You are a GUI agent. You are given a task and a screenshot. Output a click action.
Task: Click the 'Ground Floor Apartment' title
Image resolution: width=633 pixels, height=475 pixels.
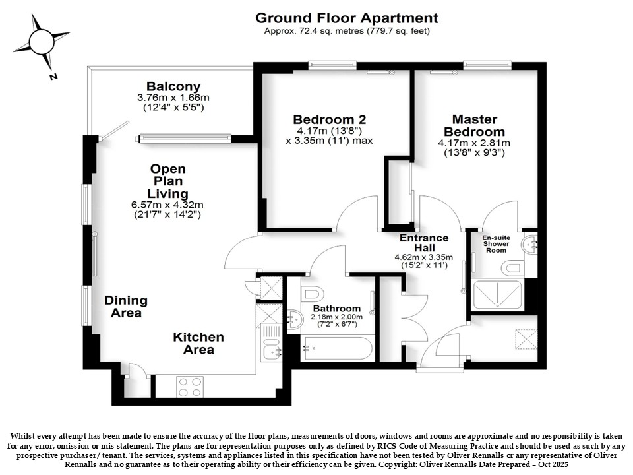347,18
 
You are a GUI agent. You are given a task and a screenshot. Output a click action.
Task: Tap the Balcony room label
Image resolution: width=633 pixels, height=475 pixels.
173,86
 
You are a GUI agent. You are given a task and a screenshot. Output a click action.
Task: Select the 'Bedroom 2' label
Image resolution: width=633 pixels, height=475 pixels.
330,119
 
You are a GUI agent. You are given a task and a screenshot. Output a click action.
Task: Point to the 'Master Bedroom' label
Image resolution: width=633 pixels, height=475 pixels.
474,125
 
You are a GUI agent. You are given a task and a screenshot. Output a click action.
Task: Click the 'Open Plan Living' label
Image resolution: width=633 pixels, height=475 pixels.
168,181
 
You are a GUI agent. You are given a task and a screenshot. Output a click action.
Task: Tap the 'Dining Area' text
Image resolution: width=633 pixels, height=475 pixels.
126,307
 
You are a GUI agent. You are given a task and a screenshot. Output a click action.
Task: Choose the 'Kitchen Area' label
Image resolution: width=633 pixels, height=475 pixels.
198,343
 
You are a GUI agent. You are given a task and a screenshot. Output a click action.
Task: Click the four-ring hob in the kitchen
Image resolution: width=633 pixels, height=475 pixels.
190,387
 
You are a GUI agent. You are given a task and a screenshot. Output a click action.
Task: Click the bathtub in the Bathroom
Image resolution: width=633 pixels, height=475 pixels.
337,348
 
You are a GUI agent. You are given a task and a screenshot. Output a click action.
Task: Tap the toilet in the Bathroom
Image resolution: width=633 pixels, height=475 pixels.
313,293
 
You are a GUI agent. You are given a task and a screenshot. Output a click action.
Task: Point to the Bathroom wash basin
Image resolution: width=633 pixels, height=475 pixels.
295,319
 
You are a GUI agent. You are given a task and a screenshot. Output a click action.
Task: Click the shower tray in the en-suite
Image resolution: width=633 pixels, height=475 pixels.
497,295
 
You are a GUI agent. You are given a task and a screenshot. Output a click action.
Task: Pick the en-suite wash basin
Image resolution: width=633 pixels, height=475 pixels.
529,243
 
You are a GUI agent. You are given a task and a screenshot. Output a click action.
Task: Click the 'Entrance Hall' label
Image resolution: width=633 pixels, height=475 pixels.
424,243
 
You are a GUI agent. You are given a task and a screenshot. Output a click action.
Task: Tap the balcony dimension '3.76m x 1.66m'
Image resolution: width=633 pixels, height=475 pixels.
173,98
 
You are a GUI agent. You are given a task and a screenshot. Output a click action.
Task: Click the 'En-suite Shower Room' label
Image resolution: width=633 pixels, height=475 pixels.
496,244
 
